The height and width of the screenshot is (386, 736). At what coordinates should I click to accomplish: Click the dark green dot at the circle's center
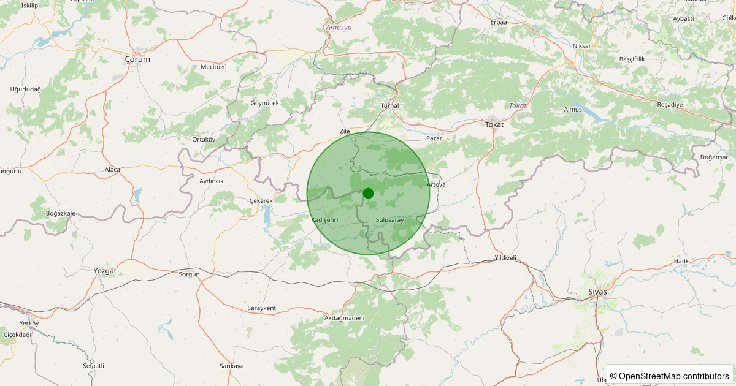(x=368, y=193)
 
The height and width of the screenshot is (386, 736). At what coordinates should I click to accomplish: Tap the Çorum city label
(x=137, y=59)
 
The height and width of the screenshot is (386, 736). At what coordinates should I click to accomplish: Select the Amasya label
(x=339, y=28)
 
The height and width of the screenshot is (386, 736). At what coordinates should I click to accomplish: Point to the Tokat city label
(x=494, y=124)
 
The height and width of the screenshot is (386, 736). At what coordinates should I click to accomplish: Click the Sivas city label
(x=597, y=292)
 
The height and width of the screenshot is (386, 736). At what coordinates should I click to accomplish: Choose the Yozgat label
(x=105, y=270)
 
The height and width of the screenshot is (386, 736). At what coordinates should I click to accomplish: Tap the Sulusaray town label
(x=389, y=219)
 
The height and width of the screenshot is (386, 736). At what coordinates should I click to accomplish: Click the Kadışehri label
(x=325, y=219)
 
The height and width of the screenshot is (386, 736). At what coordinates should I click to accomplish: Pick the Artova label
(x=436, y=184)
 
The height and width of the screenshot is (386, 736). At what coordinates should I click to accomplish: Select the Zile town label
(x=345, y=131)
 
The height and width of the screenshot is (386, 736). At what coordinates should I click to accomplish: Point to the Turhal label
(x=390, y=105)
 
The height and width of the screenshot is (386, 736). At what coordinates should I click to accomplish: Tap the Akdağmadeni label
(x=344, y=318)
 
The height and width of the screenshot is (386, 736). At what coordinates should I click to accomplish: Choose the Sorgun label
(x=190, y=274)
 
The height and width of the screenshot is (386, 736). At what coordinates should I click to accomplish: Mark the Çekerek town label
(x=261, y=201)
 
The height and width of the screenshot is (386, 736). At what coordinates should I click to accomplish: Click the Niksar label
(x=581, y=47)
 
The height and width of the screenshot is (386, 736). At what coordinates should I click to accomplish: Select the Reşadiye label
(x=670, y=104)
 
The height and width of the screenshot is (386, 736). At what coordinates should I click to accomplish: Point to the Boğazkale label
(x=61, y=213)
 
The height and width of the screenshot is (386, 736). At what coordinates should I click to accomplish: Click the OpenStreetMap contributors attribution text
(x=670, y=376)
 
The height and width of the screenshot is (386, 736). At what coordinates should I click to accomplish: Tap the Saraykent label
(x=262, y=308)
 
